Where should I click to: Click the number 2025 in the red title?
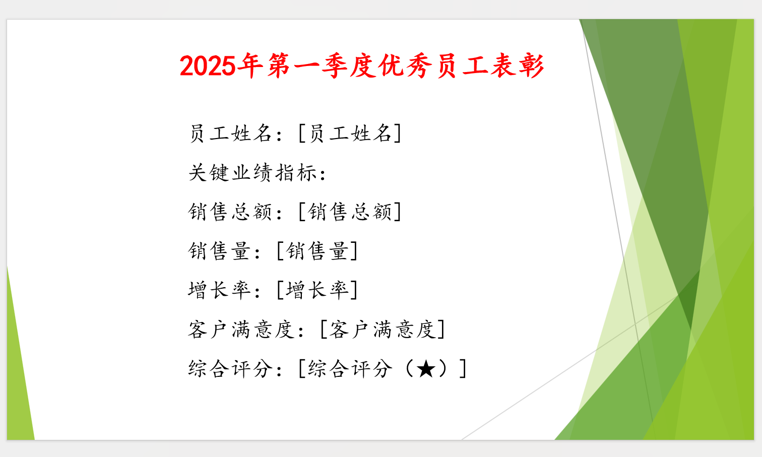tap(207, 66)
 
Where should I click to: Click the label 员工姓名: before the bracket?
tap(235, 134)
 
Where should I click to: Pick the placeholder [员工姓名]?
tap(350, 134)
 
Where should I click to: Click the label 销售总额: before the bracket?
tap(235, 212)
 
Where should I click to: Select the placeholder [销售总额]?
tap(350, 212)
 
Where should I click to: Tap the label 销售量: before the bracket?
tap(224, 251)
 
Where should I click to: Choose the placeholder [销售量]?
tap(317, 251)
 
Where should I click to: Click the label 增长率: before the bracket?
tap(224, 290)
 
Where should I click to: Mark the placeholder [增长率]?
tap(317, 290)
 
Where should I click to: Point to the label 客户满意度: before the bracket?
tap(246, 330)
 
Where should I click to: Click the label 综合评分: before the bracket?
tap(235, 369)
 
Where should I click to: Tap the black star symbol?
tap(426, 369)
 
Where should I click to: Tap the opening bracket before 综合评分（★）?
tap(301, 369)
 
